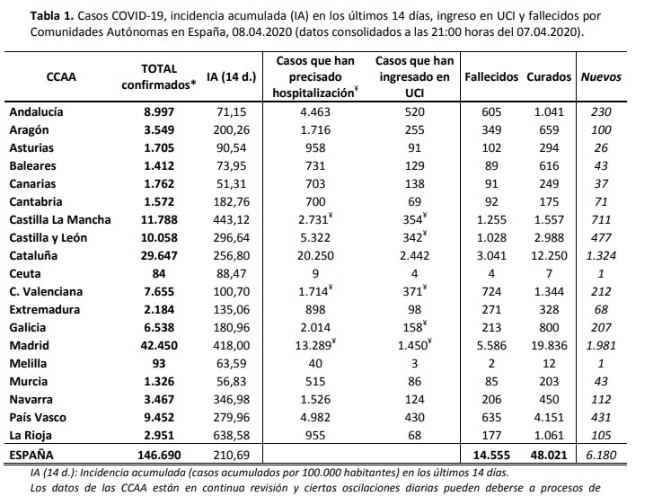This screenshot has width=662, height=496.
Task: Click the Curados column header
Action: point(549,76)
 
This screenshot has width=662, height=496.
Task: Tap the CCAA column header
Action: point(61,76)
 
